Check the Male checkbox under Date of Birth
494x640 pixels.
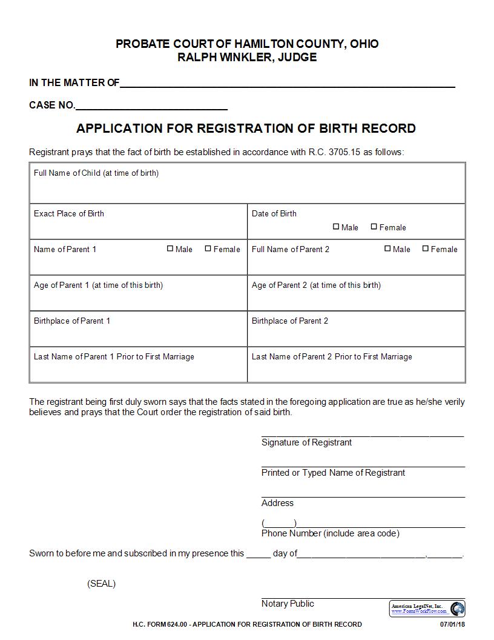(336, 227)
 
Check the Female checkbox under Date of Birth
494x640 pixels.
(374, 227)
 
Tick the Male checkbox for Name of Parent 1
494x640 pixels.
(170, 248)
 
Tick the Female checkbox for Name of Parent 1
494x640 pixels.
(208, 248)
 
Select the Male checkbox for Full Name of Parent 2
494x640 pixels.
(387, 248)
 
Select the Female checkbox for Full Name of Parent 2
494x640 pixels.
(426, 248)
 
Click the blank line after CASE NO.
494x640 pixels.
(151, 105)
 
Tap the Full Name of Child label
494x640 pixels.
(96, 173)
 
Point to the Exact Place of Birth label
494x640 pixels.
(69, 213)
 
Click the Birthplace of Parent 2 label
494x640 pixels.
(290, 321)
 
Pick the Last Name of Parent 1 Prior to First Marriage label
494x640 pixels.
(114, 356)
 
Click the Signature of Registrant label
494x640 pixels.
(306, 442)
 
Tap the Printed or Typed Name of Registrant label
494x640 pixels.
(333, 473)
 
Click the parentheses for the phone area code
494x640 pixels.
(278, 523)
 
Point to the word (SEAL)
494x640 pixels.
(101, 584)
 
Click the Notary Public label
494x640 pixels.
(288, 604)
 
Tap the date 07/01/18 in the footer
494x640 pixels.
(452, 624)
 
